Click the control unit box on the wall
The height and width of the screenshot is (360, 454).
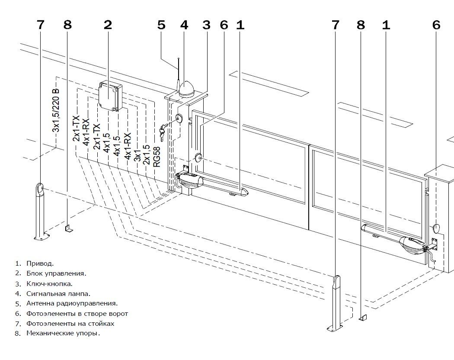click(110, 96)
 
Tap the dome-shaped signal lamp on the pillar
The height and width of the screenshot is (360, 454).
click(186, 89)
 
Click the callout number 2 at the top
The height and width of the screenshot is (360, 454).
click(108, 25)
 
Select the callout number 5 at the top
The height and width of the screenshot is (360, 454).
click(161, 25)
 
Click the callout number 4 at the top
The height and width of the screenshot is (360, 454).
click(184, 25)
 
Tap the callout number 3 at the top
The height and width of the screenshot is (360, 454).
click(206, 25)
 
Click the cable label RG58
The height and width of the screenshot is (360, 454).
click(157, 157)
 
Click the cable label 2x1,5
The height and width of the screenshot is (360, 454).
click(147, 154)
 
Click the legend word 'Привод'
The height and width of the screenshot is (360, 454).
click(40, 264)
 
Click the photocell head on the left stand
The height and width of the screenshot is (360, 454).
click(40, 188)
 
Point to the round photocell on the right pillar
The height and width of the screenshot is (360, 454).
click(436, 229)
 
